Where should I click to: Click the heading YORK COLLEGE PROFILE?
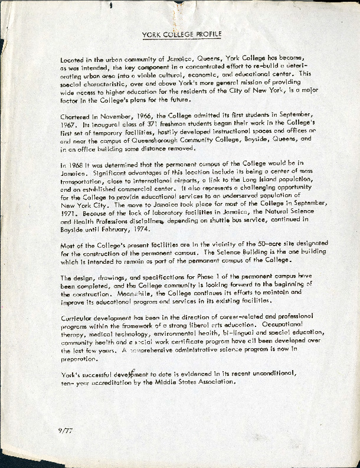(x=181, y=35)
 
